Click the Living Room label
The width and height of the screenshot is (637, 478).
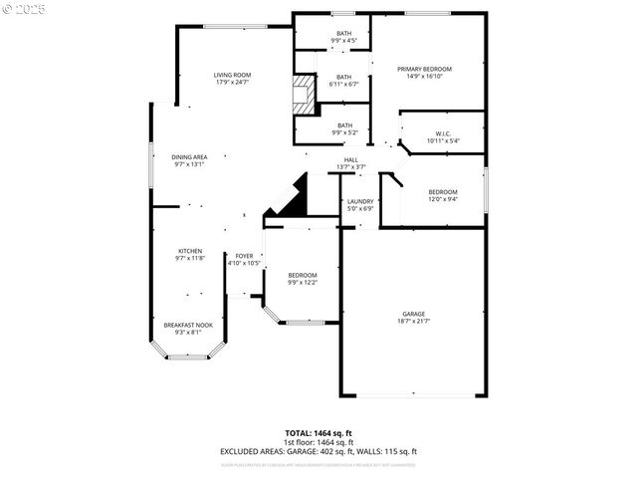[232, 75]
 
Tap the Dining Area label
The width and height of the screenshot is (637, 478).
[189, 156]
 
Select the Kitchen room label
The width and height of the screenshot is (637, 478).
[190, 250]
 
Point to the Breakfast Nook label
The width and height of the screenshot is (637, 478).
[188, 325]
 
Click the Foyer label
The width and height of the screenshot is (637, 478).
[244, 256]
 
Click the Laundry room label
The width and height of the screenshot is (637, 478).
[360, 202]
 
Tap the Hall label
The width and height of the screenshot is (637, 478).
[351, 159]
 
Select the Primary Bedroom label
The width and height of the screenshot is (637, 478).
[424, 69]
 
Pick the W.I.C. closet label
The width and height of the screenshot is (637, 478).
[444, 134]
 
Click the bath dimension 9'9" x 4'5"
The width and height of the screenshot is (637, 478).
[343, 41]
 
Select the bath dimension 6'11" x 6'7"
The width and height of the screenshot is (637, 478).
[343, 84]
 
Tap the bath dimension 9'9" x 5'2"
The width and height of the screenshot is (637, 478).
[343, 131]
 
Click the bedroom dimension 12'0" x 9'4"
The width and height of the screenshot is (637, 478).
[443, 198]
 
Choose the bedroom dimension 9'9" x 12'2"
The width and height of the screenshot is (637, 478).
[303, 282]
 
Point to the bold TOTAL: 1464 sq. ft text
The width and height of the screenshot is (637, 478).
[318, 433]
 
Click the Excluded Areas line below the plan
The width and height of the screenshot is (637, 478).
[318, 451]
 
